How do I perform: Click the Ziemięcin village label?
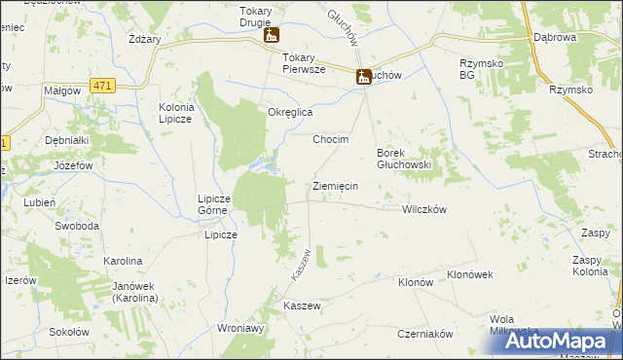tap(335, 185)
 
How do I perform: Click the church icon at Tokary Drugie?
tap(271, 36)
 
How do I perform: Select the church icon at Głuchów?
tap(363, 77)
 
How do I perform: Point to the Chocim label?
tap(330, 139)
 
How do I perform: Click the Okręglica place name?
tap(290, 112)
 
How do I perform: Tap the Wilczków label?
tap(423, 209)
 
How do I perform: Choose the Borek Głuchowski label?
tap(404, 159)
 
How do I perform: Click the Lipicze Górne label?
tap(212, 202)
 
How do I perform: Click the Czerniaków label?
tap(425, 333)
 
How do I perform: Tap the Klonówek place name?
tap(470, 274)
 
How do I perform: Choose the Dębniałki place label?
tap(67, 140)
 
